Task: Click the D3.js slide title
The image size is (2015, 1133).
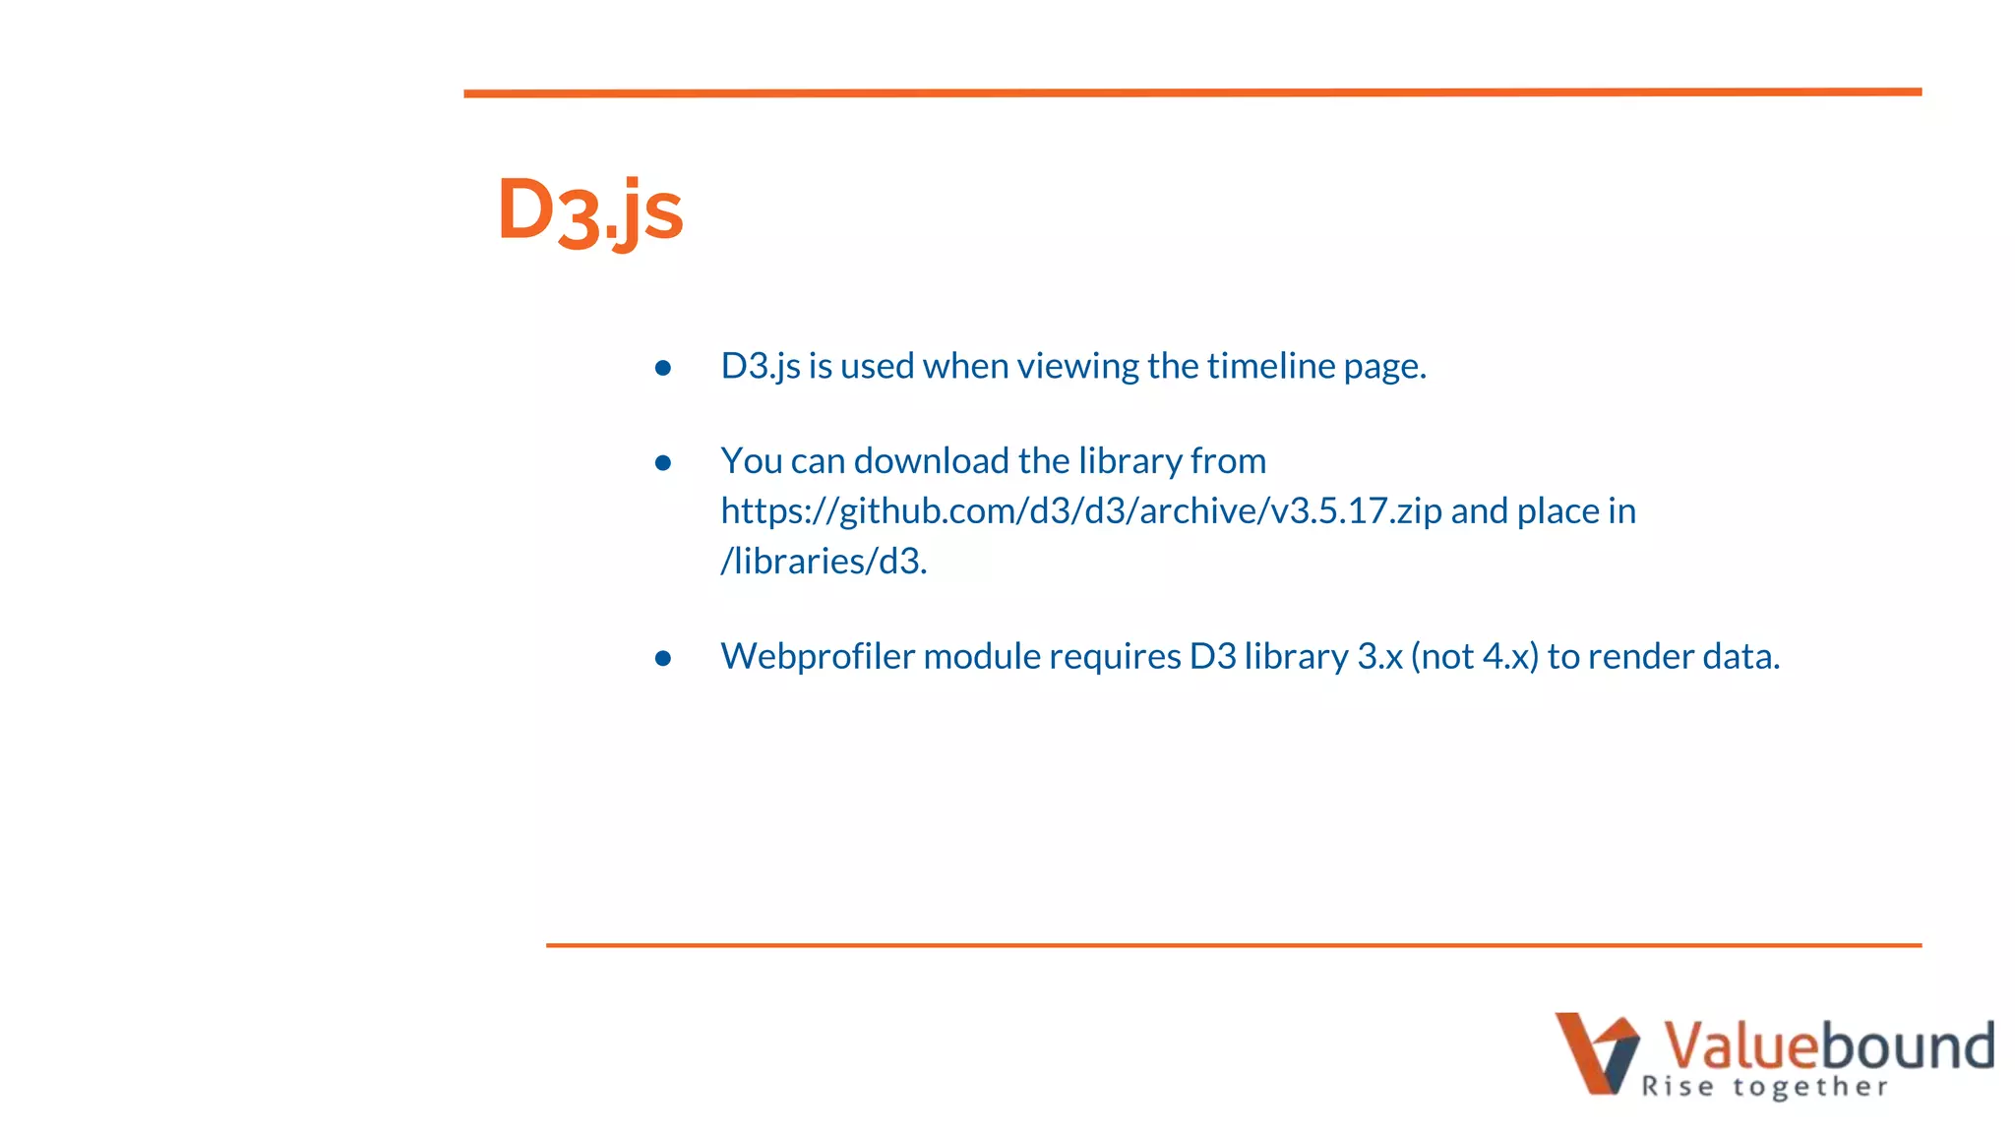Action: [x=589, y=210]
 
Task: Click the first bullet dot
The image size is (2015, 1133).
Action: [x=663, y=368]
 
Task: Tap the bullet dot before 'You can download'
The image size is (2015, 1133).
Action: [x=663, y=462]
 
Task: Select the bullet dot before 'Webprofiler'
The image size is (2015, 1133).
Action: [x=663, y=658]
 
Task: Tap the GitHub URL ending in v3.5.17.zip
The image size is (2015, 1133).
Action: [x=1081, y=511]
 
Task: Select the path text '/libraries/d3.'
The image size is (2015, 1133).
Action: [x=824, y=562]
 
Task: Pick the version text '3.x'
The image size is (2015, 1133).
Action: [x=1379, y=656]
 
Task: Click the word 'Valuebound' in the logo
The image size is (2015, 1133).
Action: [x=1828, y=1044]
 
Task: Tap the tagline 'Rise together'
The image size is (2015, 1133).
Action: [x=1764, y=1087]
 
